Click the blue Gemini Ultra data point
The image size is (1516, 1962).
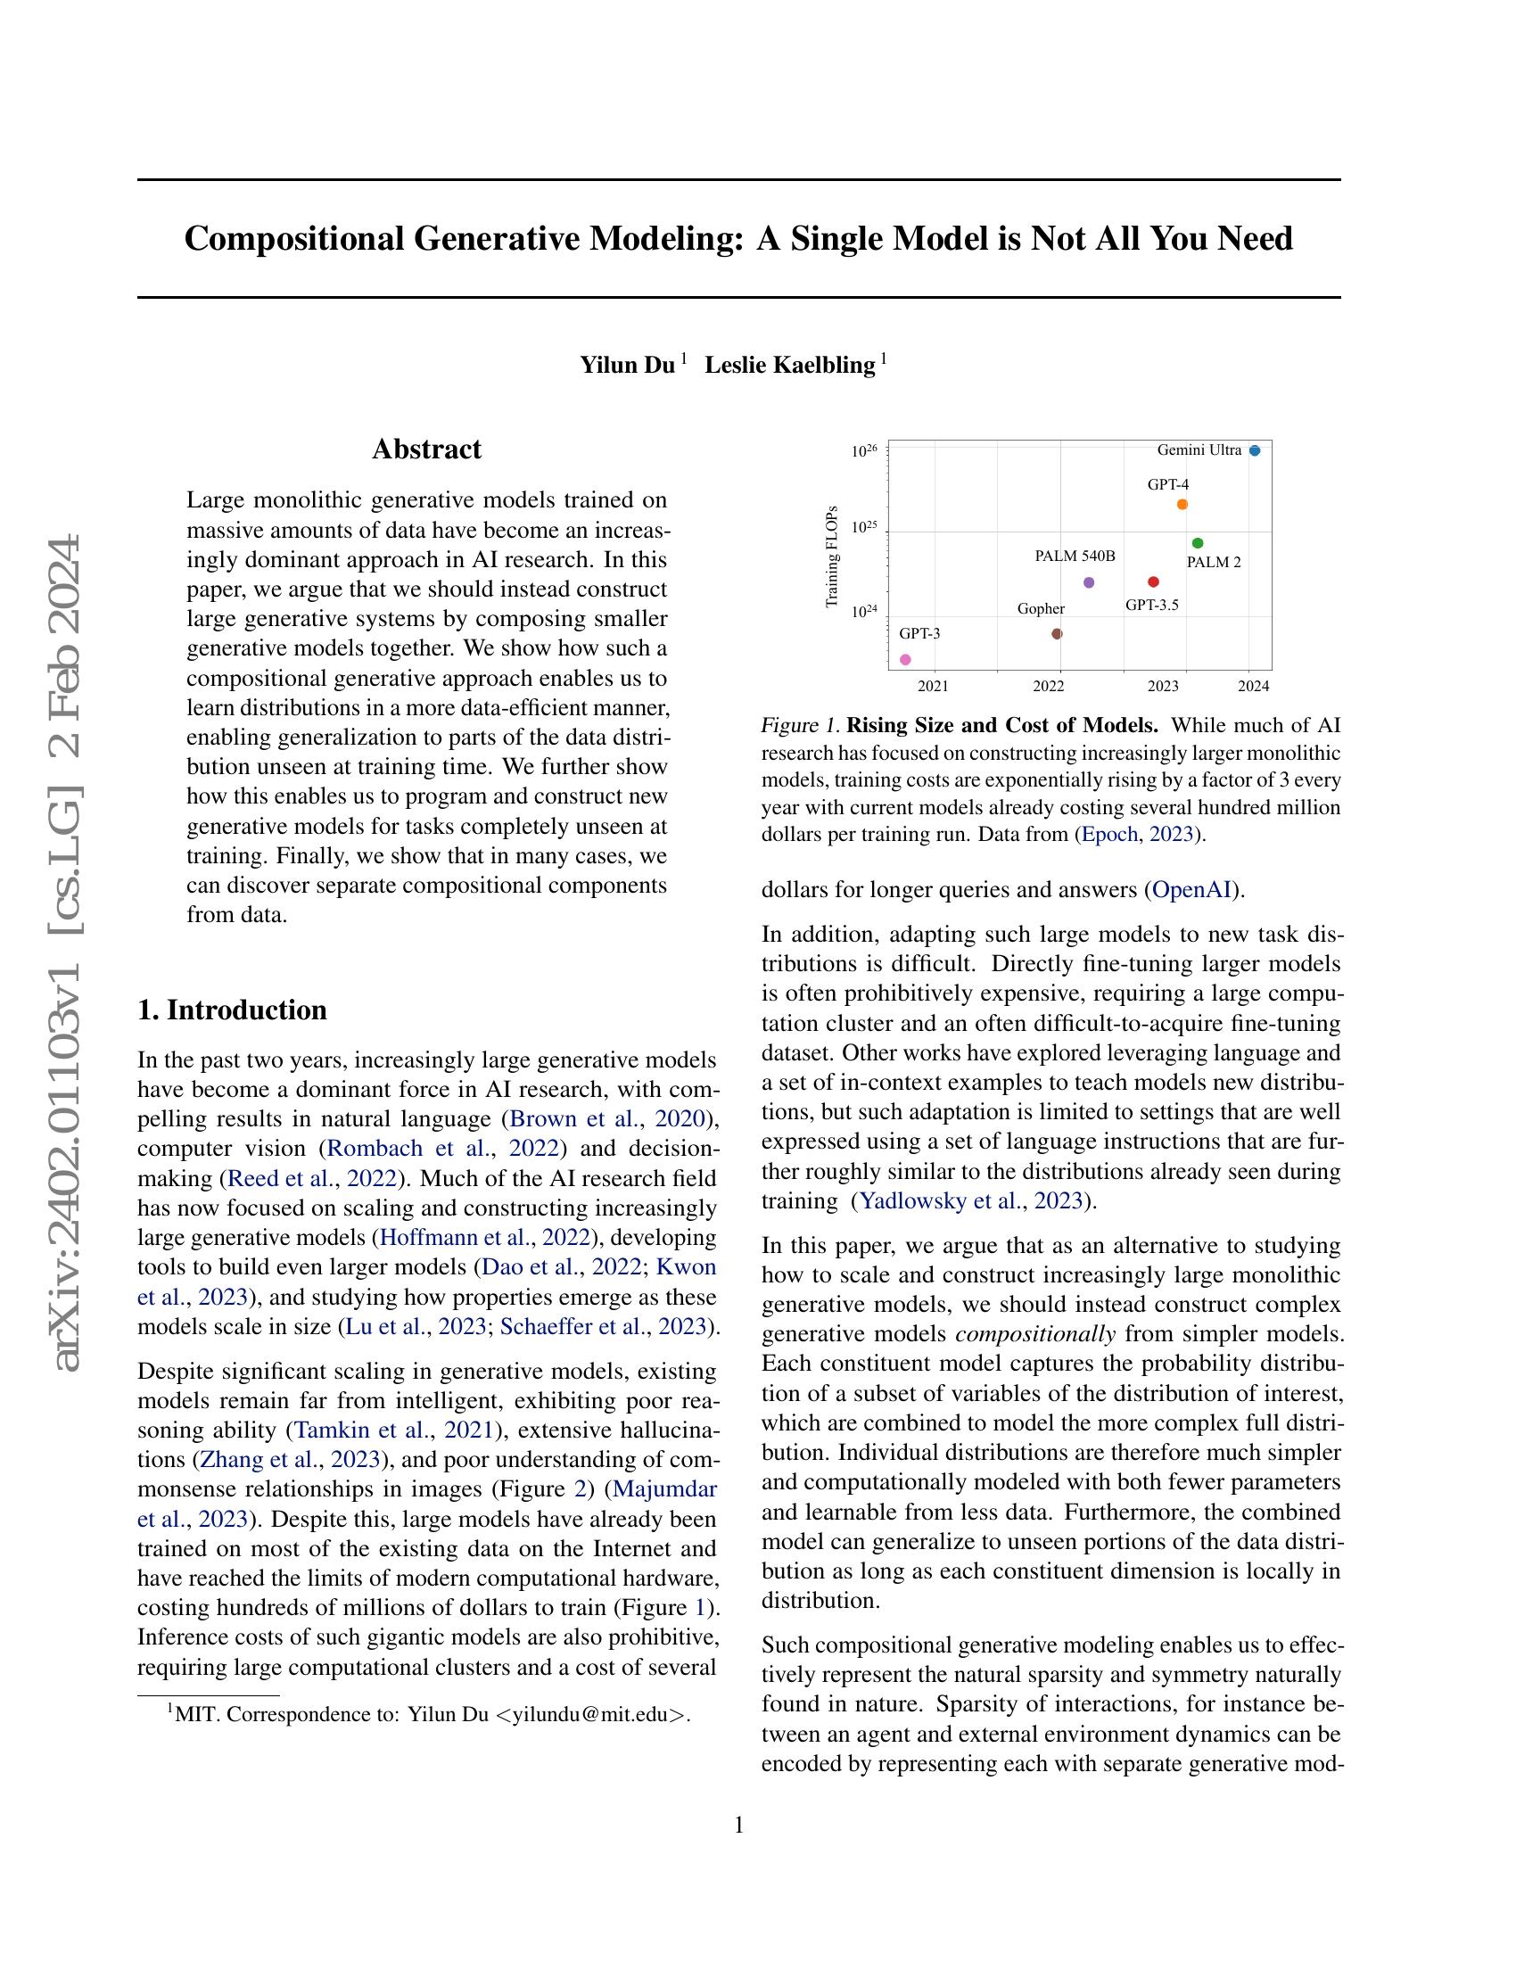1255,450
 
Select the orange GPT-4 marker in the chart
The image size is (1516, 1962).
1182,504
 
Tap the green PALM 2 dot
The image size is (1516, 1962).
1197,542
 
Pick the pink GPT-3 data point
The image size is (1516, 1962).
905,659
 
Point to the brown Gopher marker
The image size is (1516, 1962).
1057,633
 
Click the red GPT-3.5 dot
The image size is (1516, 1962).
1153,582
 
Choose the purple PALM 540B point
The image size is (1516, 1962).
1090,582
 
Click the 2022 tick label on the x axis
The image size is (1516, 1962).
1048,687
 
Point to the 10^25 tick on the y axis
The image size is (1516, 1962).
864,527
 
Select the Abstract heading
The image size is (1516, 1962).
426,449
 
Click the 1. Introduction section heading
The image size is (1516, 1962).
232,1010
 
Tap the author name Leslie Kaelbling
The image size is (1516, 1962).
789,365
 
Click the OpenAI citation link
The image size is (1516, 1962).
1191,890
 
